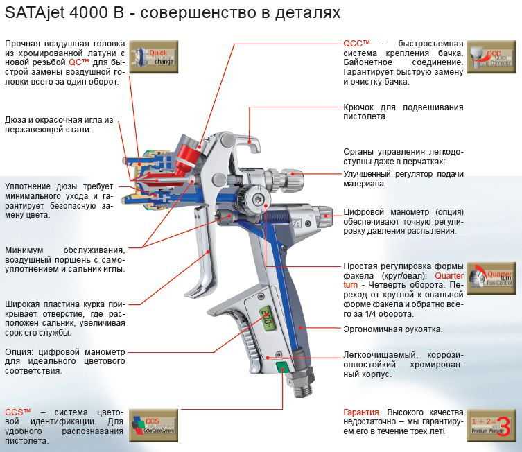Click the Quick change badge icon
pyautogui.click(x=155, y=58)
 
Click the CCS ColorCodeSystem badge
pyautogui.click(x=154, y=424)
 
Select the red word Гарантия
pyautogui.click(x=363, y=412)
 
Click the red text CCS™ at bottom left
pyautogui.click(x=18, y=412)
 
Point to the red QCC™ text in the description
pyautogui.click(x=358, y=43)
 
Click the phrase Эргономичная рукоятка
pyautogui.click(x=393, y=329)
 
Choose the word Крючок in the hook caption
pyautogui.click(x=360, y=107)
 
